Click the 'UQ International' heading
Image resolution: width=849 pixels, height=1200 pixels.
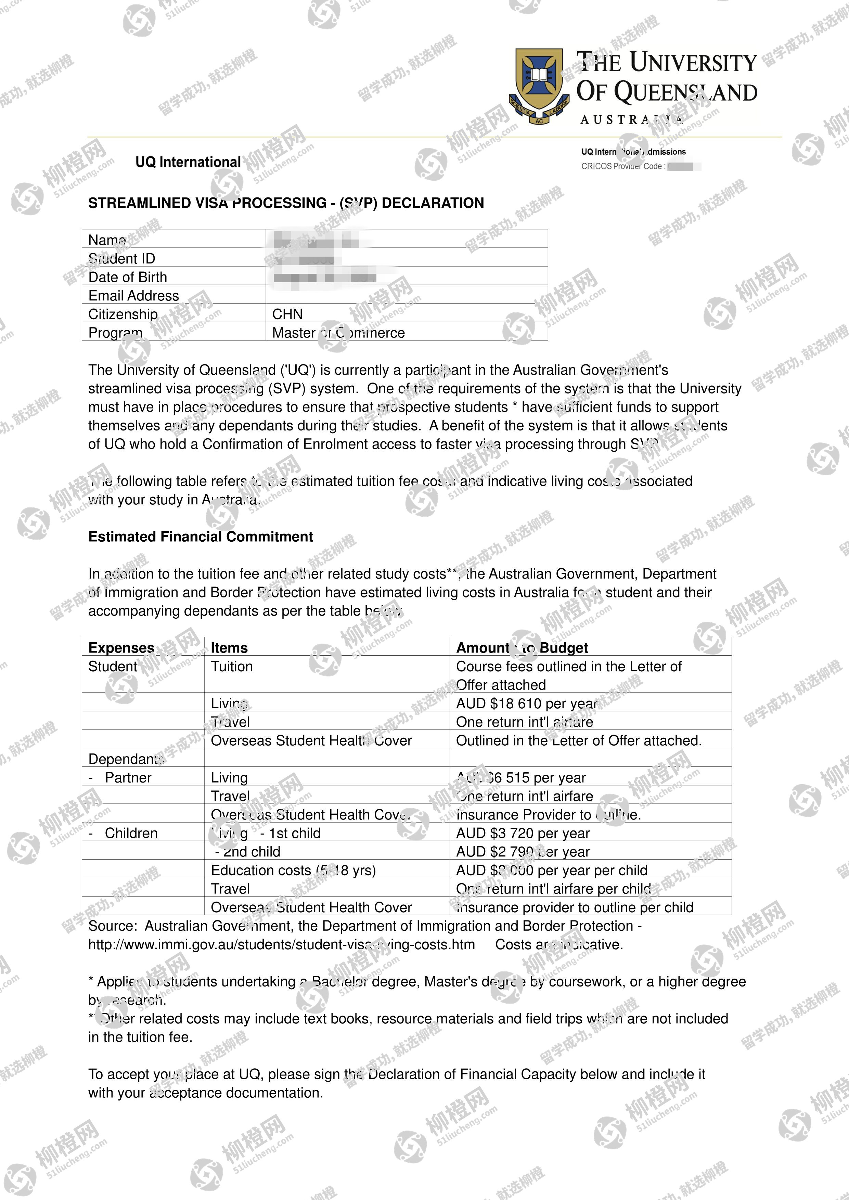coord(188,162)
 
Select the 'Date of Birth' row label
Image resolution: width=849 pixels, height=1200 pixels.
coord(128,277)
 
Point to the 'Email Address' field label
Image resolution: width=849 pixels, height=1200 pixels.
coord(133,296)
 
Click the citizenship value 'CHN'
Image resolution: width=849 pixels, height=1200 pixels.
coord(287,314)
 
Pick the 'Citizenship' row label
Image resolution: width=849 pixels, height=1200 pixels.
coord(123,314)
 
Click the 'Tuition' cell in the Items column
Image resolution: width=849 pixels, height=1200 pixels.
coord(232,666)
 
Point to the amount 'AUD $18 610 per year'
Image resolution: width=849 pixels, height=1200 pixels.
coord(526,704)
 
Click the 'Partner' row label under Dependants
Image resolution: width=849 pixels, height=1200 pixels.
coord(128,778)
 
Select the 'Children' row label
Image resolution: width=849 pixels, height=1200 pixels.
coord(131,833)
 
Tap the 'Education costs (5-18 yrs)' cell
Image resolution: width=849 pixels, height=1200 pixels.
coord(293,870)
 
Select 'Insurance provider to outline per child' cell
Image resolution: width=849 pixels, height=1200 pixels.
coord(575,907)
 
